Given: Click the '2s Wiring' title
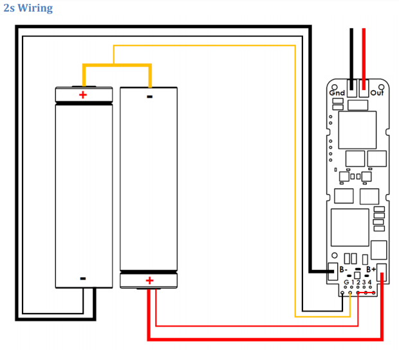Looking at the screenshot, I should coord(28,8).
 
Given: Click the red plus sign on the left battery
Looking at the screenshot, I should coord(82,95).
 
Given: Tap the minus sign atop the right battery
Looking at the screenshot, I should coord(149,97).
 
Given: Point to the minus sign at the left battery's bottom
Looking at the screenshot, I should coord(82,278).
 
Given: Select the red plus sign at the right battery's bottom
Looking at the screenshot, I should coord(149,280).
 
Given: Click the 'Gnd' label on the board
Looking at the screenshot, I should coord(337,93).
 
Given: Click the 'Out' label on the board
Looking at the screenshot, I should coord(376,93).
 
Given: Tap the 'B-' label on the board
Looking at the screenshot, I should coord(345,269).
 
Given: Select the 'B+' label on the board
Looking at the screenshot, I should coord(371,269).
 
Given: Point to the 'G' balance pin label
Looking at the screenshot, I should coord(346,283).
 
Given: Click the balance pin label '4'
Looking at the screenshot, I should coord(370,283).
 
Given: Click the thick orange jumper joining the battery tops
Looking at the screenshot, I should coord(116,65).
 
